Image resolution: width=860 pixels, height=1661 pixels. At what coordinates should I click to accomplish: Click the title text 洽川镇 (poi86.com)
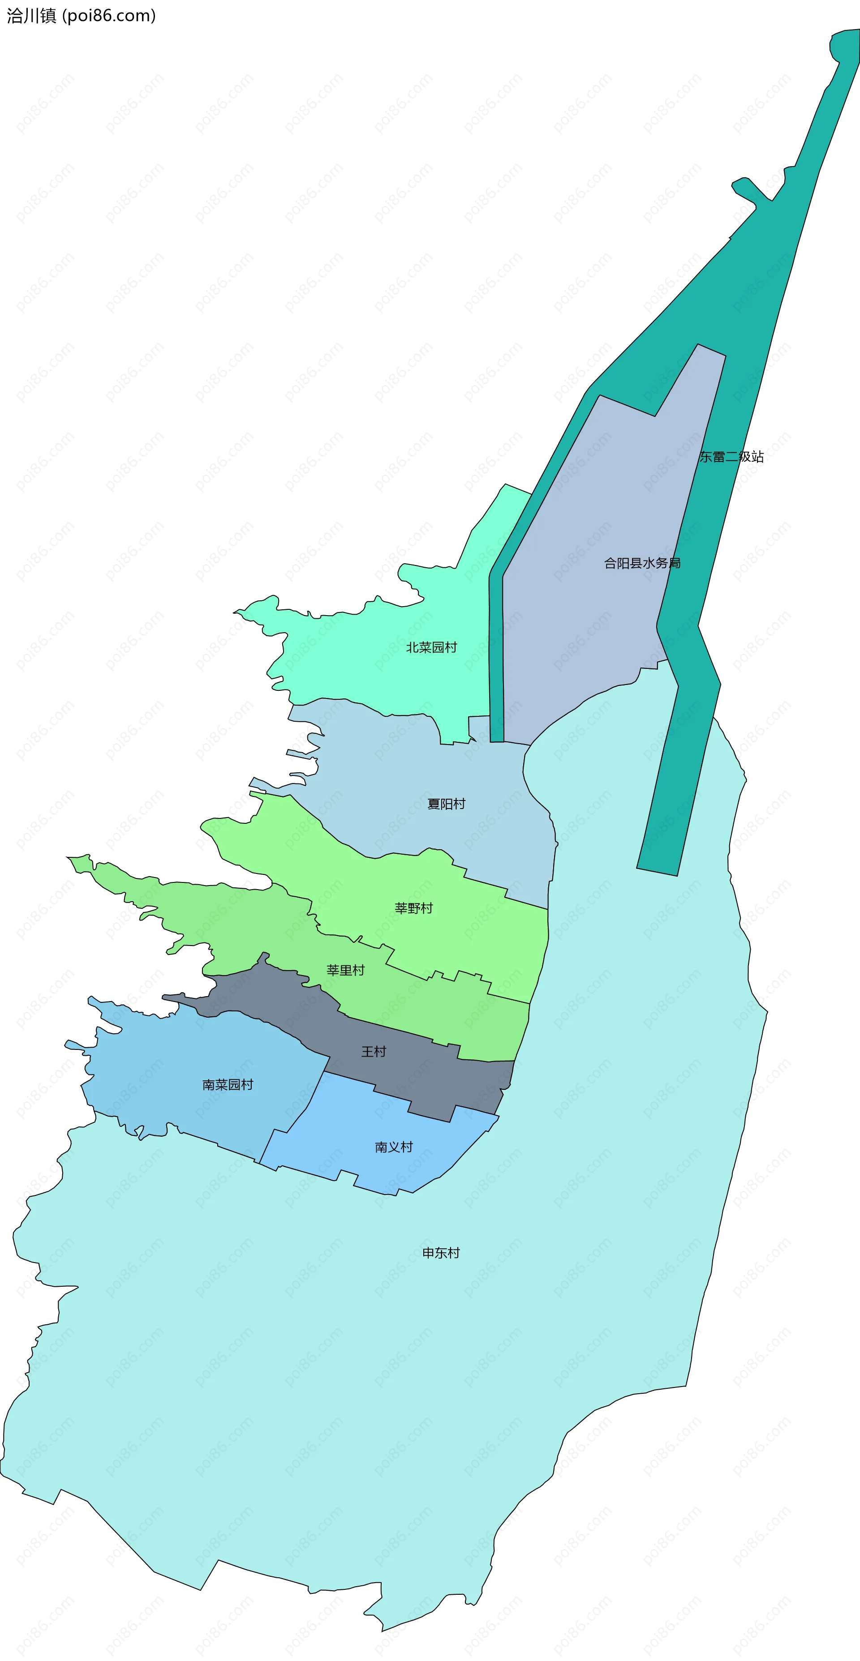[81, 16]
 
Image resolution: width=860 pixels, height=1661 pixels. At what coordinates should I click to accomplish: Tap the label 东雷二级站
[731, 457]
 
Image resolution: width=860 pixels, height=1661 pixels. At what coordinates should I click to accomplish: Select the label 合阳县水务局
[642, 563]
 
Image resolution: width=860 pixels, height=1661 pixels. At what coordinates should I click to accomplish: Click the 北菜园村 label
[431, 647]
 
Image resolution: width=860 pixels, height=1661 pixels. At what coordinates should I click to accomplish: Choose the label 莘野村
[413, 908]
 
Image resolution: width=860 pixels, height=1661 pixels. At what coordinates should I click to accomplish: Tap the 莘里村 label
[346, 970]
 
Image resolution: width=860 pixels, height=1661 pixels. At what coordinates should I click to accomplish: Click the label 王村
[374, 1052]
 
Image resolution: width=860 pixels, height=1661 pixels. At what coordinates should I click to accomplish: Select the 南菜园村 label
[228, 1084]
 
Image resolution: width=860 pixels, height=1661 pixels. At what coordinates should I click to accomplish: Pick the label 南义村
[394, 1147]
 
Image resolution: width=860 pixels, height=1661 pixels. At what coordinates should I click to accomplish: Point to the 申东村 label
[441, 1253]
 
